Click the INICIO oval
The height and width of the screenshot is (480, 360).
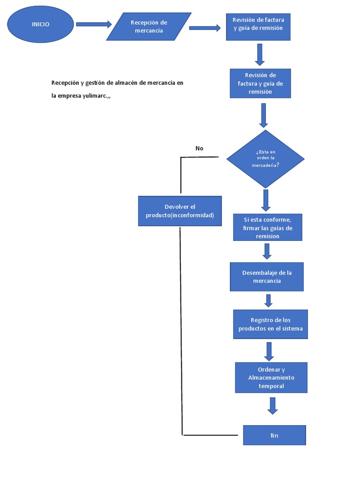(x=40, y=24)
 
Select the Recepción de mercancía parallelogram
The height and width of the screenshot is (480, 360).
(x=149, y=27)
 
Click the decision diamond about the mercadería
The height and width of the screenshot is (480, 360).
(x=265, y=159)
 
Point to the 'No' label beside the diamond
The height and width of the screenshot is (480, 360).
(x=200, y=148)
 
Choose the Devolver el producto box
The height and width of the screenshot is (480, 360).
(x=180, y=211)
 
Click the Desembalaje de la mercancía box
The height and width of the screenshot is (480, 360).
(x=267, y=277)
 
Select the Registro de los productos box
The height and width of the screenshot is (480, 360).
(x=270, y=324)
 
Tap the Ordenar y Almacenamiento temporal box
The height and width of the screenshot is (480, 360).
(x=271, y=377)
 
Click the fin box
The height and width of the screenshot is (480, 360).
(x=274, y=435)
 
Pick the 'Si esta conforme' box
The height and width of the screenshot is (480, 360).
(x=268, y=227)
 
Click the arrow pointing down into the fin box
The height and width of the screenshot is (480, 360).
(x=272, y=405)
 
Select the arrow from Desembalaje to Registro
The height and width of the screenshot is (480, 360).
(x=268, y=300)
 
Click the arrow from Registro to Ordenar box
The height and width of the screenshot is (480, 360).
(x=269, y=351)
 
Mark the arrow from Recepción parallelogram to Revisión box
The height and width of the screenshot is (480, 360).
(x=205, y=28)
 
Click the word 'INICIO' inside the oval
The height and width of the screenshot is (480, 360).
(x=40, y=24)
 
